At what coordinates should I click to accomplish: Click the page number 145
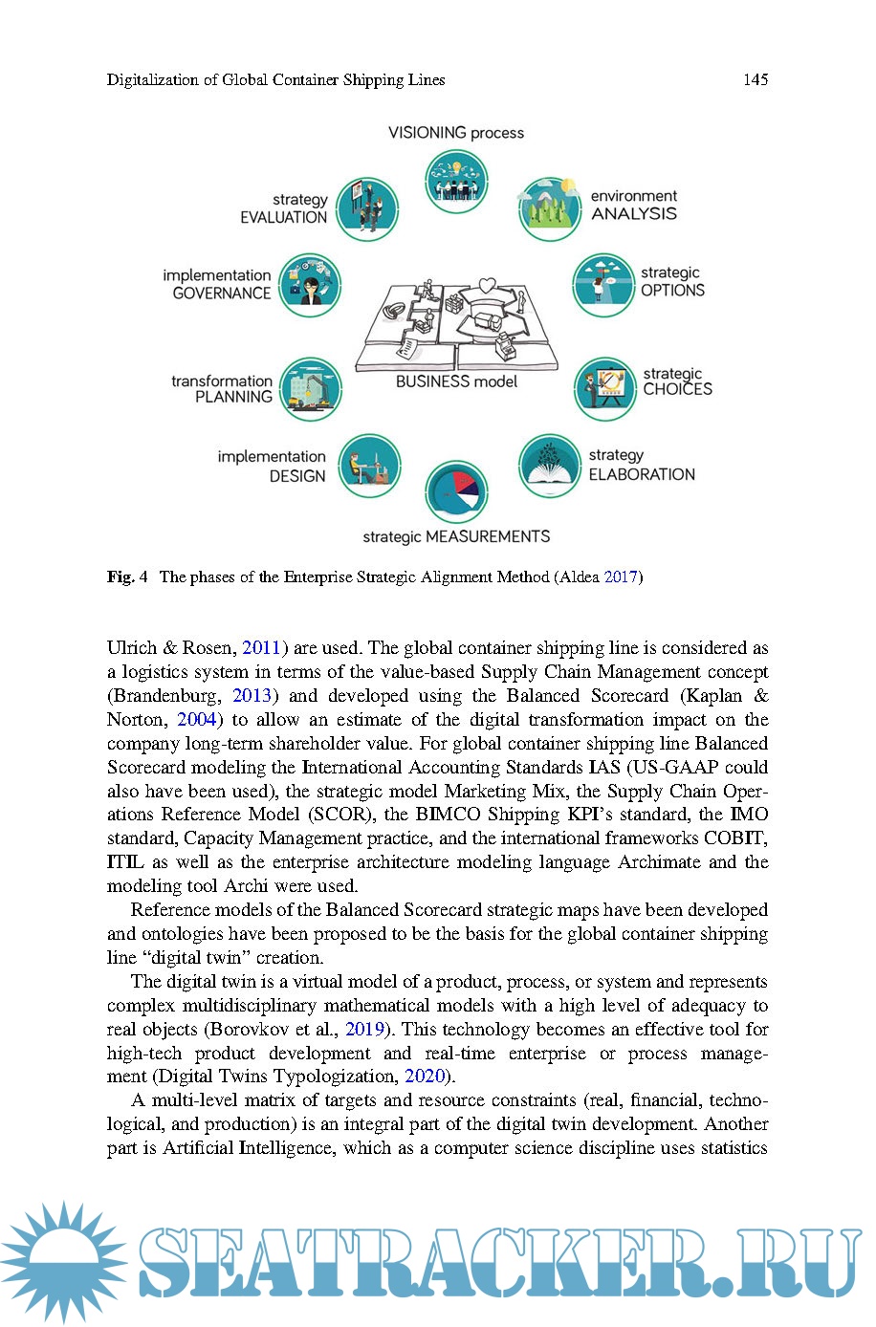click(x=755, y=80)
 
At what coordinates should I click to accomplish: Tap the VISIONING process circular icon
click(x=456, y=181)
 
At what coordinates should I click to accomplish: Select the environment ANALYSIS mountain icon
click(x=550, y=207)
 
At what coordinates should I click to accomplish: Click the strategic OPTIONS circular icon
click(x=603, y=284)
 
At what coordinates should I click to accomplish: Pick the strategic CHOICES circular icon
click(x=604, y=387)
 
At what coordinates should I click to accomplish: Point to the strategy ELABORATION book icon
click(x=550, y=466)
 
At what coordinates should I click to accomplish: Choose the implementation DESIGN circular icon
click(x=369, y=466)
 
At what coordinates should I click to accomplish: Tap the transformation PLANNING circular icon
click(x=311, y=388)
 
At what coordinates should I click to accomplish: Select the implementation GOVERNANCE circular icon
click(x=310, y=285)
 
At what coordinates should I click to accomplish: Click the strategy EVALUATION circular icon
click(x=367, y=208)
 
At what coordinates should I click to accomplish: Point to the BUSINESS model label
click(x=456, y=381)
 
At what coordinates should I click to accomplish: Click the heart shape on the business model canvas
click(x=487, y=285)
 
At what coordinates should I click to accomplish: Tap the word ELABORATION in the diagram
click(x=642, y=474)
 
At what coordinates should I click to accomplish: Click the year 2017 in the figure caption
click(x=621, y=576)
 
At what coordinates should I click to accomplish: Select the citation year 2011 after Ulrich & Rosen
click(x=261, y=648)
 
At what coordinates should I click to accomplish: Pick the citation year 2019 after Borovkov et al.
click(x=364, y=1030)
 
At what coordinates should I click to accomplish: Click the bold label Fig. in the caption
click(x=120, y=576)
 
